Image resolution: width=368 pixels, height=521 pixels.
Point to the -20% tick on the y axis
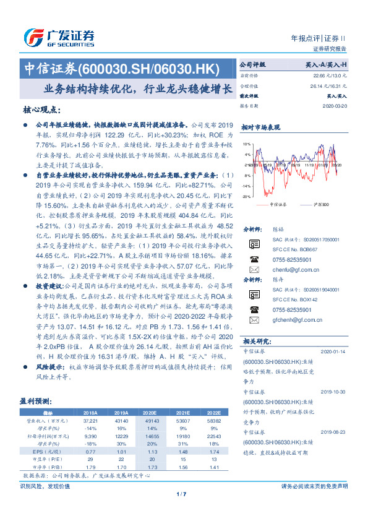246,196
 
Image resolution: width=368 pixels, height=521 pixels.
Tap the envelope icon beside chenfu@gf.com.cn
254,270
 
